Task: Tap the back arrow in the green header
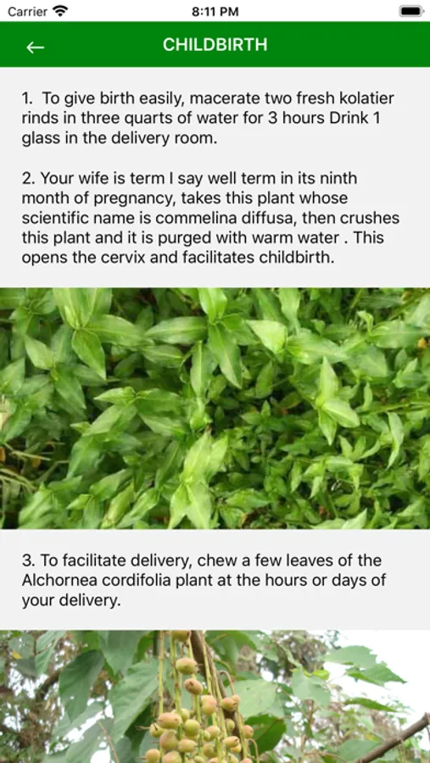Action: [35, 47]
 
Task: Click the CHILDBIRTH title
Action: [215, 45]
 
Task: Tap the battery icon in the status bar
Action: [411, 11]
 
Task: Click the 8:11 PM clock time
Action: [215, 12]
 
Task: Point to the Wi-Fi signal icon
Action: [60, 11]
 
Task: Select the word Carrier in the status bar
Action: [27, 12]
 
